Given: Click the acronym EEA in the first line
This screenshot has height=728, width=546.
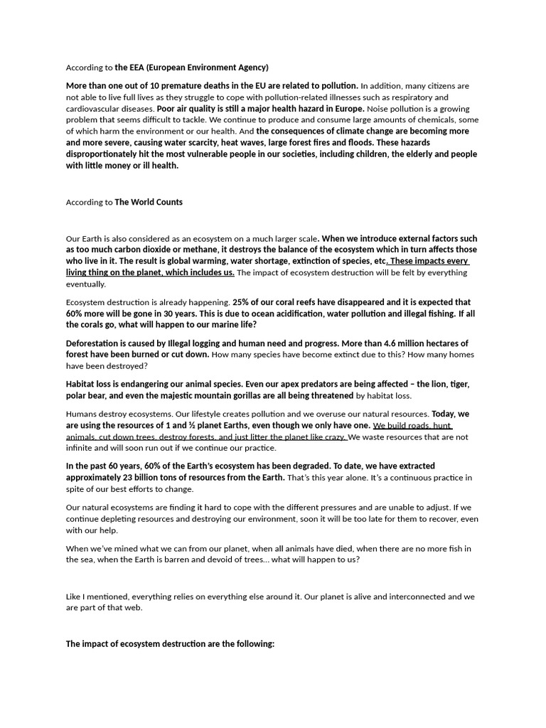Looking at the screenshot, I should click(x=142, y=68).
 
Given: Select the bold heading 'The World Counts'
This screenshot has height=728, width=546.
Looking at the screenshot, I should click(x=149, y=202).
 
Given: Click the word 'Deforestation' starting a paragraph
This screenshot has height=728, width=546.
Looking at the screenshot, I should click(x=93, y=343).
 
